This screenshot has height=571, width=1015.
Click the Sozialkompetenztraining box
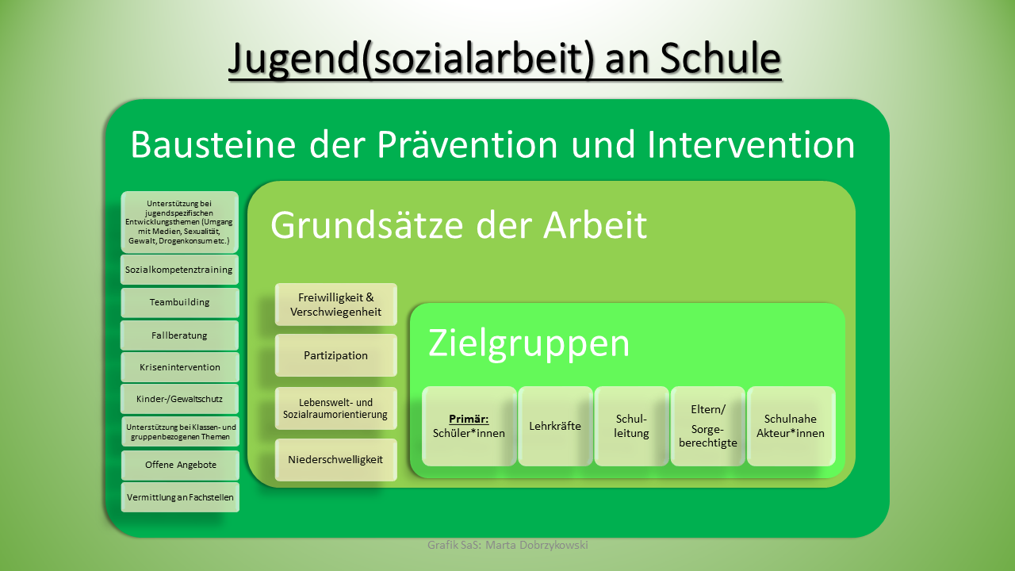[x=179, y=270]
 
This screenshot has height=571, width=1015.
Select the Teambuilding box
[x=180, y=302]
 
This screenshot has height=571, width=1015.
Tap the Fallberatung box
[x=179, y=335]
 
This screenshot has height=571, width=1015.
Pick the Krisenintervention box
[x=180, y=367]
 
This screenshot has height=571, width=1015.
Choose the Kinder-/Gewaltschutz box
[x=179, y=399]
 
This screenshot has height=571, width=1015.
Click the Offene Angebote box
[x=180, y=465]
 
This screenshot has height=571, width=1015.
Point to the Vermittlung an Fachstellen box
[x=180, y=497]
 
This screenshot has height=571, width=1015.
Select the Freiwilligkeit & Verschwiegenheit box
[x=335, y=305]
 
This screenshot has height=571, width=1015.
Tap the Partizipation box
[x=335, y=355]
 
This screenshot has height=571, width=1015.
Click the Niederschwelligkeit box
[x=335, y=459]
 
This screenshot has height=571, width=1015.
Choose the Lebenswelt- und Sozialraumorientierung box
[x=335, y=408]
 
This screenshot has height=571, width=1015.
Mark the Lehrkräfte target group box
[x=555, y=426]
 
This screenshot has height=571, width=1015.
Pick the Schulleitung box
[x=631, y=426]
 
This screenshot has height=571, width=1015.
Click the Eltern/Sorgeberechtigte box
[x=708, y=426]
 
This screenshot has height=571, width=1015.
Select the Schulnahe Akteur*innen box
[x=791, y=426]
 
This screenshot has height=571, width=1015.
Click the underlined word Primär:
[x=469, y=420]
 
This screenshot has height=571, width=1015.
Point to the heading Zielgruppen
[x=529, y=344]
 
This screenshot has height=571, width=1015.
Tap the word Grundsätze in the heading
[x=367, y=225]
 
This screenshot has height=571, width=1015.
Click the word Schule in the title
[x=720, y=58]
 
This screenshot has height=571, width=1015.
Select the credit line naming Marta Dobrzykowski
[x=507, y=545]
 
